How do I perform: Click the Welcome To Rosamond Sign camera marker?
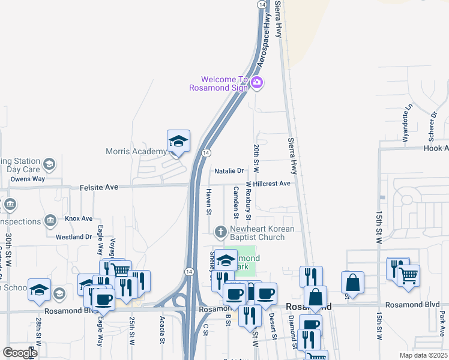257,83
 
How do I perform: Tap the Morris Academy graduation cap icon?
178,141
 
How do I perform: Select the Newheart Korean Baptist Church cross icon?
220,231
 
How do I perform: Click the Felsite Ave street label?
99,188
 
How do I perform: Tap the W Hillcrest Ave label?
268,183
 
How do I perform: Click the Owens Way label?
28,179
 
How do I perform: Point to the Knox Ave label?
79,218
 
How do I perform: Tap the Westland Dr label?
73,237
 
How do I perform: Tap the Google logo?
20,352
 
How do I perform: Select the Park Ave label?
442,323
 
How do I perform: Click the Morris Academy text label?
136,152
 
